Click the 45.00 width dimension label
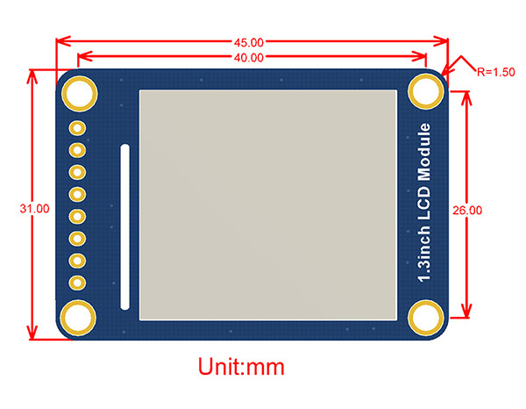[x=250, y=41]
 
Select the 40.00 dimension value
[x=250, y=58]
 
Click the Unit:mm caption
[x=241, y=364]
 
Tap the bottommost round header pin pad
[x=77, y=282]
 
